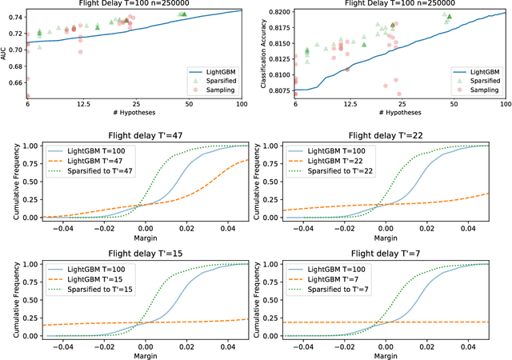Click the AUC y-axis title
click(5, 54)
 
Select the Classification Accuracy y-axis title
click(264, 54)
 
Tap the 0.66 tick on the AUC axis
click(16, 81)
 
